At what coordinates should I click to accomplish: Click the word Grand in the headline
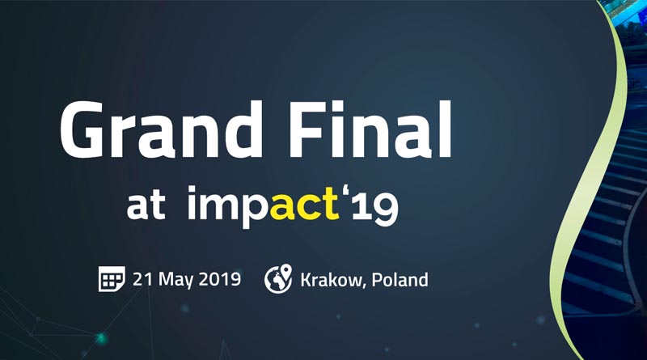coord(161,129)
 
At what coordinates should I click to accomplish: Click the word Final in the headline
coord(371,129)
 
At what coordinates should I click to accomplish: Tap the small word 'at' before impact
coord(146,205)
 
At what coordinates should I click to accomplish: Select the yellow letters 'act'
coord(305,203)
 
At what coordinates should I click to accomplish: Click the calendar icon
coord(112,279)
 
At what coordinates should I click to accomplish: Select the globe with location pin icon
coord(278,278)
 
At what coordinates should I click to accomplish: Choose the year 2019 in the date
coord(220,279)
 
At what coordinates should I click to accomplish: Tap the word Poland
coord(400,279)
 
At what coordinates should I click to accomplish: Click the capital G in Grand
coord(82,129)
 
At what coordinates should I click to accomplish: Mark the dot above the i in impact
coord(192,189)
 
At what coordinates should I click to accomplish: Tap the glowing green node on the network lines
coord(100,339)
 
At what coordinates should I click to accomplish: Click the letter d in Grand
coord(239,129)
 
